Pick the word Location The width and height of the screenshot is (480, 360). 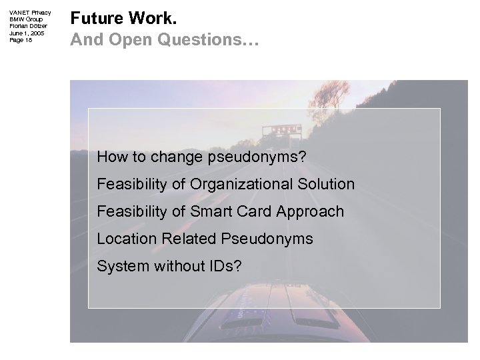tap(125, 239)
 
